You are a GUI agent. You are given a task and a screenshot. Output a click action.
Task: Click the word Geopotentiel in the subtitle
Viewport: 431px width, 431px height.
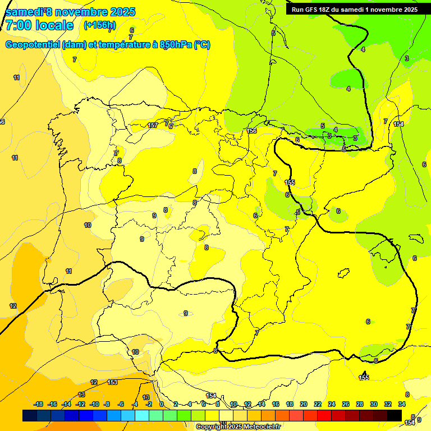33,45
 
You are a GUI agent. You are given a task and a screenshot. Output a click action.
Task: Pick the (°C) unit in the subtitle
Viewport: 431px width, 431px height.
202,45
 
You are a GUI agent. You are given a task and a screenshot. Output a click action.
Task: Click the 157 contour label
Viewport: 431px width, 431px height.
153,126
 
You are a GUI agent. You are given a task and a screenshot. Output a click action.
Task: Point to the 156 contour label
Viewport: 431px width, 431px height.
252,131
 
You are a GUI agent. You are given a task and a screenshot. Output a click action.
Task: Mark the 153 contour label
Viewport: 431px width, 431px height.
112,382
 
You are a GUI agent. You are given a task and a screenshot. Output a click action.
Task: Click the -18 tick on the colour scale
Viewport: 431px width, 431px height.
39,404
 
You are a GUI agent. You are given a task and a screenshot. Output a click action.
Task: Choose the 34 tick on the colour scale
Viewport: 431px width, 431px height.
402,404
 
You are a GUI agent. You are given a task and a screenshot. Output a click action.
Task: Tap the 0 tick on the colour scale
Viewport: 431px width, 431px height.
162,404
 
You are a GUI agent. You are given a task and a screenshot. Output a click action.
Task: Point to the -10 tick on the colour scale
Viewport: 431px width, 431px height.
94,404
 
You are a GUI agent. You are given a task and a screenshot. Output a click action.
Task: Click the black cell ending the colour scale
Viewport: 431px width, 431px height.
395,415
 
